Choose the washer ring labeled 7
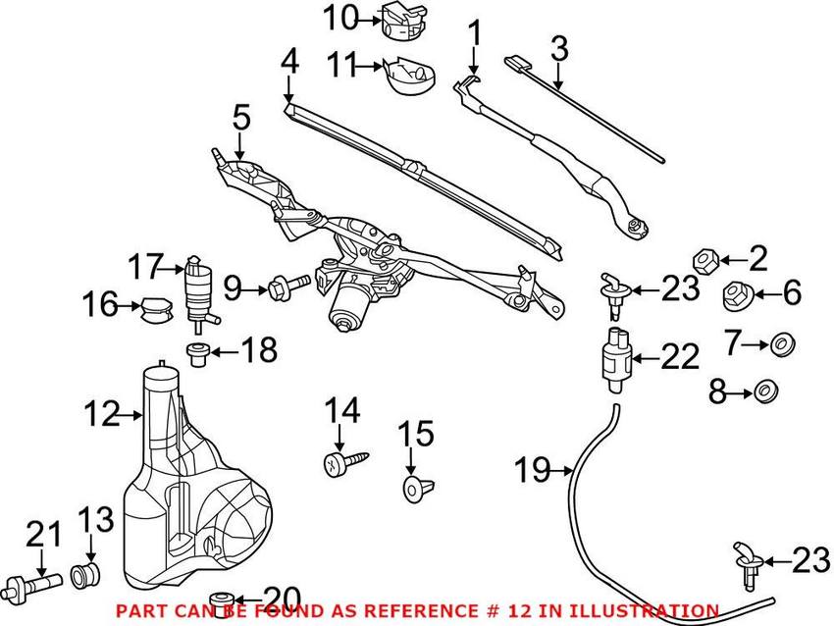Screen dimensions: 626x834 click(780, 344)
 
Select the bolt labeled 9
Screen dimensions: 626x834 click(284, 288)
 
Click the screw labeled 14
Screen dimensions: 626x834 click(343, 459)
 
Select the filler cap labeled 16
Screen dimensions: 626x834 click(153, 308)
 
